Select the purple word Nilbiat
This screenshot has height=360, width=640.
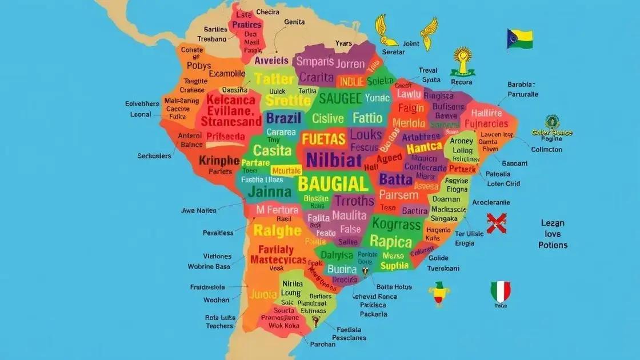(334, 159)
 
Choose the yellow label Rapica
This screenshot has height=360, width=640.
(391, 241)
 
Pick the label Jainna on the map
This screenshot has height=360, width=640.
(269, 190)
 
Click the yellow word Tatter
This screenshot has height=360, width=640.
(274, 79)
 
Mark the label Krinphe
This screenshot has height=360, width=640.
(219, 161)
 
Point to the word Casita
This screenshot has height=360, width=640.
(273, 150)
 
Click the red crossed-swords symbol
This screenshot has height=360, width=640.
(497, 223)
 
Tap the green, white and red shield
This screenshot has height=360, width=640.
(500, 292)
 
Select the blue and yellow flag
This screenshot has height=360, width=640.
(519, 39)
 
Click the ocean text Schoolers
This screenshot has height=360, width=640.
(155, 155)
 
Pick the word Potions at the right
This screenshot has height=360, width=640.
(553, 245)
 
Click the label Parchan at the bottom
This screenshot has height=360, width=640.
(322, 345)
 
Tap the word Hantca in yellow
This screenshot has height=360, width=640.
(424, 147)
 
